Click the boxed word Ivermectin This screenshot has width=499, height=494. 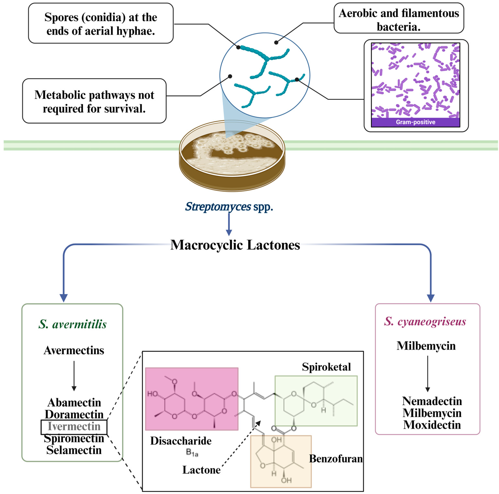[74, 426]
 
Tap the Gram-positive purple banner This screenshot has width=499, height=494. [415, 122]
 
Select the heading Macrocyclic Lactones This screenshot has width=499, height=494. [235, 245]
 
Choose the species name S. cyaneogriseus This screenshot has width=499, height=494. [425, 321]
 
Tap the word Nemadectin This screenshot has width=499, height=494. [432, 401]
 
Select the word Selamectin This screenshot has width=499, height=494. [74, 450]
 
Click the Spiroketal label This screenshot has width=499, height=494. [326, 367]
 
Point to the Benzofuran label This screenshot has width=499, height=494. [336, 459]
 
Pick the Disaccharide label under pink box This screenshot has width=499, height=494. [181, 441]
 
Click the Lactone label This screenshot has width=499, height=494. [201, 470]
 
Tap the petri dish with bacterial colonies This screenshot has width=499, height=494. [232, 156]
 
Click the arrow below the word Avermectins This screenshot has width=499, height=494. [74, 376]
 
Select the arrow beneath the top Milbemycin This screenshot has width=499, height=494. [427, 374]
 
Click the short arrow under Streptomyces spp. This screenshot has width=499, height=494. [229, 224]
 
